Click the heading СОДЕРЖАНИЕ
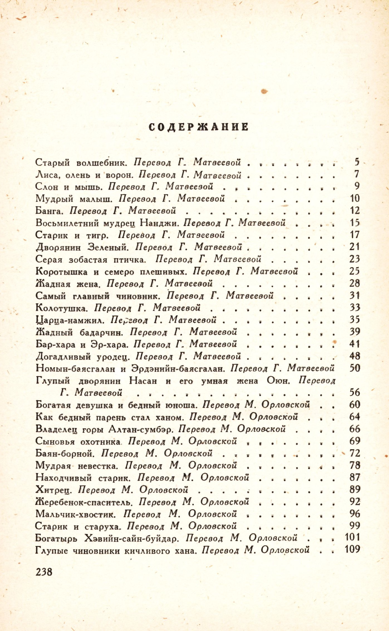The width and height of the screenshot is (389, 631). click(198, 127)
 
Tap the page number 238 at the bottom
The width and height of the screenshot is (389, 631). click(44, 572)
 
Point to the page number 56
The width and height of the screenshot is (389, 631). click(354, 392)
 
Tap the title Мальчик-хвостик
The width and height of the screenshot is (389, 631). click(75, 514)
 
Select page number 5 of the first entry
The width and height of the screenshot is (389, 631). click(357, 162)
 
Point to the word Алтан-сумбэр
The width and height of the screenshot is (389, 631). click(141, 429)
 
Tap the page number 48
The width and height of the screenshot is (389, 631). click(354, 356)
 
